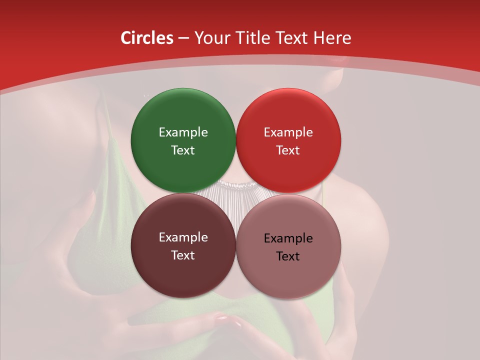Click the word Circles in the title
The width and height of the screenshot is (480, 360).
pos(146,38)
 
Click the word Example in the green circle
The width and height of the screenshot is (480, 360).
pos(183,132)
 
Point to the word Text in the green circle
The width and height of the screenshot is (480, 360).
pos(183,150)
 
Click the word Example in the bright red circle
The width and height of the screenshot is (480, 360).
pos(288,132)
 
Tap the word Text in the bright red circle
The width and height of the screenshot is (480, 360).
pos(288,150)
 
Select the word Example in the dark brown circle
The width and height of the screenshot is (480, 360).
pos(183,237)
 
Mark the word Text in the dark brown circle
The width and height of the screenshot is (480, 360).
pos(183,255)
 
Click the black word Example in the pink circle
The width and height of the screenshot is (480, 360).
pos(288,238)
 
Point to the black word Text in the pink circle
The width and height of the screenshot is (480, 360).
pos(288,256)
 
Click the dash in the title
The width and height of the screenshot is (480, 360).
pos(183,38)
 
